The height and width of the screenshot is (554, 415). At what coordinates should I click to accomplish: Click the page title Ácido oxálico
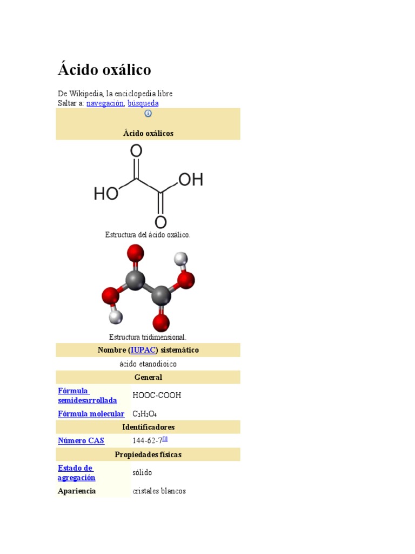(104, 70)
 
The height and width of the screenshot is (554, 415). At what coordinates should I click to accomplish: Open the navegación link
(105, 103)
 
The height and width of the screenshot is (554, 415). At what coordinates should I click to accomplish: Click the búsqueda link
(143, 103)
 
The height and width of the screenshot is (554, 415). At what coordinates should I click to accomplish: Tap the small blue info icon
(148, 114)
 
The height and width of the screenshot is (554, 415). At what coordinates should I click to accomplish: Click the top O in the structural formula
(137, 151)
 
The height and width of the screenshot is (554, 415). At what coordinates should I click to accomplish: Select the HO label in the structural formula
(106, 193)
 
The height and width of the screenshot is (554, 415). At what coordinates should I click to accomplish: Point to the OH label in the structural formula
(190, 180)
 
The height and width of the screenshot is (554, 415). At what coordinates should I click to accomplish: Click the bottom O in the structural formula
(160, 222)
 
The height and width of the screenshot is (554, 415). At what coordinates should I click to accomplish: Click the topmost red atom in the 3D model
(135, 253)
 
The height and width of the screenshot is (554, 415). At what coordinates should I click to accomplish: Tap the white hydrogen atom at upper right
(181, 259)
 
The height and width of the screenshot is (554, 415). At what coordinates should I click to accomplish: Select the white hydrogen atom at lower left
(115, 317)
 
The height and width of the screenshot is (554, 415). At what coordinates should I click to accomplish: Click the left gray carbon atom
(135, 280)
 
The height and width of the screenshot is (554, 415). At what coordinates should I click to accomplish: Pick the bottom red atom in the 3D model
(161, 322)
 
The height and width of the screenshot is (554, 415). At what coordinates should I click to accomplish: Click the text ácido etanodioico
(148, 364)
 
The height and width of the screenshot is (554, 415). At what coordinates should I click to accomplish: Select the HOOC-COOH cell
(157, 395)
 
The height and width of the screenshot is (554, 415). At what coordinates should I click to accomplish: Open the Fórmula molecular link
(91, 414)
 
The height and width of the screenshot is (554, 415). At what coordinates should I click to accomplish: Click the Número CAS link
(81, 441)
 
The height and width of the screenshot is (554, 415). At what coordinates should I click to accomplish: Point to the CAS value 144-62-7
(147, 441)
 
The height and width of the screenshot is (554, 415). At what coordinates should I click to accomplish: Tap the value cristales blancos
(159, 491)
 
